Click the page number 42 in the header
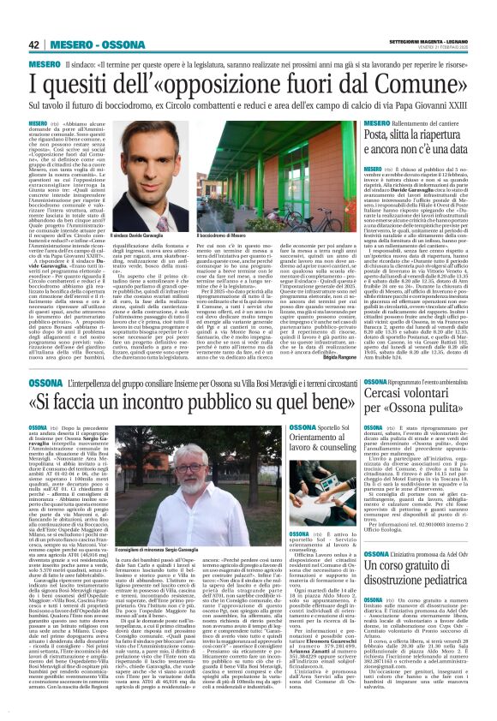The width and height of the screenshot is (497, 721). click(34, 45)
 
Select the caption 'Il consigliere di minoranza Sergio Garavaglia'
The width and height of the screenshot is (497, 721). click(212, 546)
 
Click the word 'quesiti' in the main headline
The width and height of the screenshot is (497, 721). click(88, 86)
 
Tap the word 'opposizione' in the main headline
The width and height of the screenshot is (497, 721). click(245, 86)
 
